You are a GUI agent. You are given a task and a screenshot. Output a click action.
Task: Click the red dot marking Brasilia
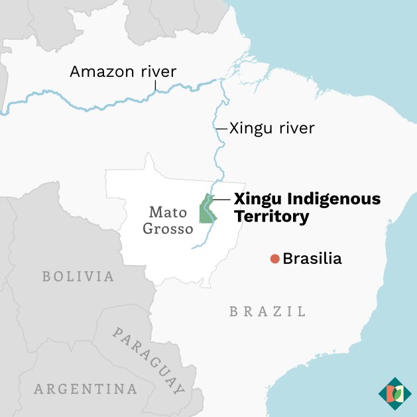pos(274,259)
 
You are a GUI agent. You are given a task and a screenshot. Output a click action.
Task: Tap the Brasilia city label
pos(312,259)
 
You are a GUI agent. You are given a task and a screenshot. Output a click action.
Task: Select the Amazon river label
pos(123,72)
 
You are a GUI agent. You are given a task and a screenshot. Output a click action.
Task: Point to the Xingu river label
pos(272,128)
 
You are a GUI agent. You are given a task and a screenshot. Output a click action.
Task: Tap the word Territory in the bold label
pos(272,217)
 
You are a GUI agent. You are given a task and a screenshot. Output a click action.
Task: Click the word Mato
pos(168,213)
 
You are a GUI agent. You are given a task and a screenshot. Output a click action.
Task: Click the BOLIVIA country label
pos(78,276)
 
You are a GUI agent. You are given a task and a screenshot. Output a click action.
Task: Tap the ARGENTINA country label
pos(86,388)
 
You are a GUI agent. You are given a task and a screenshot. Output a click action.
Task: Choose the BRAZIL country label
pos(268,311)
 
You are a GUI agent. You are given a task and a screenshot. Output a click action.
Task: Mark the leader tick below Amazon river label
pos(156,86)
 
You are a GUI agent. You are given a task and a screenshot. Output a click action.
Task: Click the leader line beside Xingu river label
pos(221,129)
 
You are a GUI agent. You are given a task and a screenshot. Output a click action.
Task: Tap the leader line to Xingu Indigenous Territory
pos(221,199)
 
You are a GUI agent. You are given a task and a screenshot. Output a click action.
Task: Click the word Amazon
pos(100,72)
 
